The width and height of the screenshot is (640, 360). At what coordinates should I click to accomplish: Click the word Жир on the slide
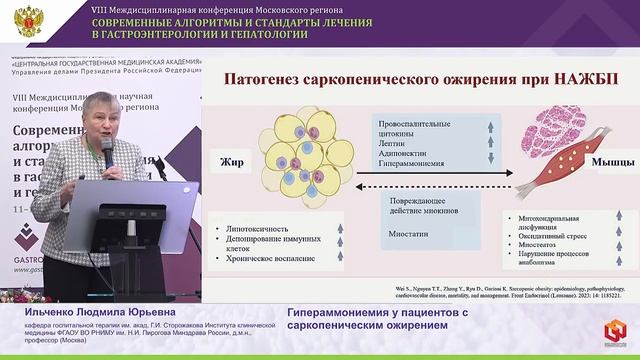(x=232, y=159)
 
